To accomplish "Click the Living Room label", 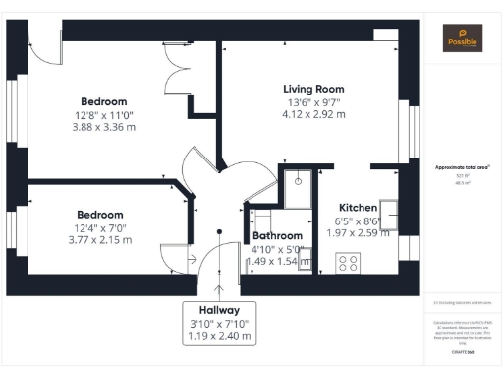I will [314, 89].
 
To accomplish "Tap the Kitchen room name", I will [359, 208].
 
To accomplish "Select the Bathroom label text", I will [278, 236].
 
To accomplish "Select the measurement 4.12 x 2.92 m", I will [314, 114].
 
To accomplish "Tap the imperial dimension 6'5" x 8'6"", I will [359, 220].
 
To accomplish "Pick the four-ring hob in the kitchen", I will [348, 263].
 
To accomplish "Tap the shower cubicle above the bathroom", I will [297, 180].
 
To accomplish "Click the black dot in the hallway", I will [219, 232].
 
